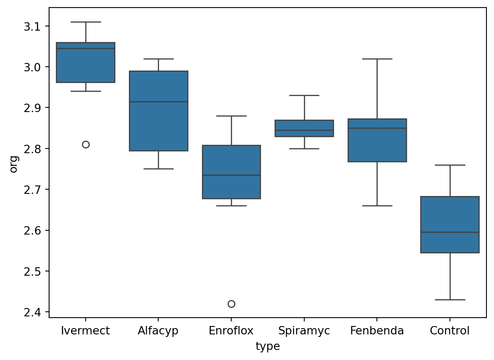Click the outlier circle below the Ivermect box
(x=86, y=144)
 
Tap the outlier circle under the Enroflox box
(x=231, y=304)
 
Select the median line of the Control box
(x=450, y=232)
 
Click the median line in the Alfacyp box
(x=159, y=102)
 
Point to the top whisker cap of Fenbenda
(x=377, y=59)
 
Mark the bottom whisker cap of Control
(x=450, y=300)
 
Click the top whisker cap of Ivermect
(x=86, y=22)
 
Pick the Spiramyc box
(x=304, y=128)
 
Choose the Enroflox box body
(x=231, y=172)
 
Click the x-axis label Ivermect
(x=86, y=331)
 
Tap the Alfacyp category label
(x=158, y=331)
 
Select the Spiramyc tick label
(x=304, y=331)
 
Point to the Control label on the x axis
(x=450, y=331)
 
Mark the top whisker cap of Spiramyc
(x=304, y=95)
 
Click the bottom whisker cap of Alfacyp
(x=159, y=169)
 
